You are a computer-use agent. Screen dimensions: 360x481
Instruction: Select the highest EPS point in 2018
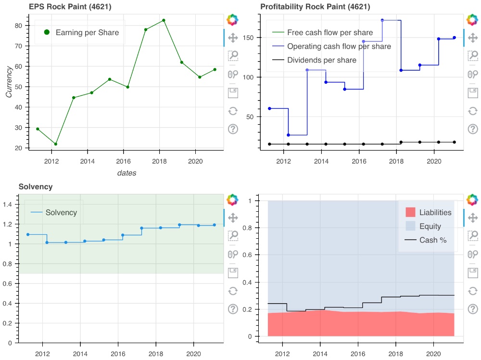[164, 20]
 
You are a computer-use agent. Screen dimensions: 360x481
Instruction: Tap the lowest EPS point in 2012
[56, 144]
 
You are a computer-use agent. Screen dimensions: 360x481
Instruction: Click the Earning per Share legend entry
[87, 32]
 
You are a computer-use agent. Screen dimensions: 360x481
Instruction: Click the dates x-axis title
[127, 173]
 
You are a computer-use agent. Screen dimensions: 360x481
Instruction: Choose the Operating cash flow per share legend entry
[339, 47]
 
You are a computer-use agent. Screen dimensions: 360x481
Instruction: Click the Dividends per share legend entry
[321, 60]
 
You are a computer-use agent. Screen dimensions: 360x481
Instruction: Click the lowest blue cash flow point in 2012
[288, 135]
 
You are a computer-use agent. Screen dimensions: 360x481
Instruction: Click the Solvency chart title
[35, 186]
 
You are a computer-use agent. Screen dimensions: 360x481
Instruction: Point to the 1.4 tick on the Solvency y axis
[10, 205]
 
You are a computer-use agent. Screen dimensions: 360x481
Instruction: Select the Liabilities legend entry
[435, 212]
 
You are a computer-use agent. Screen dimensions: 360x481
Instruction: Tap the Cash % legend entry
[433, 240]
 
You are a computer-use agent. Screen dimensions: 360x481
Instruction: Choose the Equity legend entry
[430, 226]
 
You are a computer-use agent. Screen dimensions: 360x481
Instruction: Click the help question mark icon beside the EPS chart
[233, 129]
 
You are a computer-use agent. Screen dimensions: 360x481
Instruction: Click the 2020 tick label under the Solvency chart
[193, 351]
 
